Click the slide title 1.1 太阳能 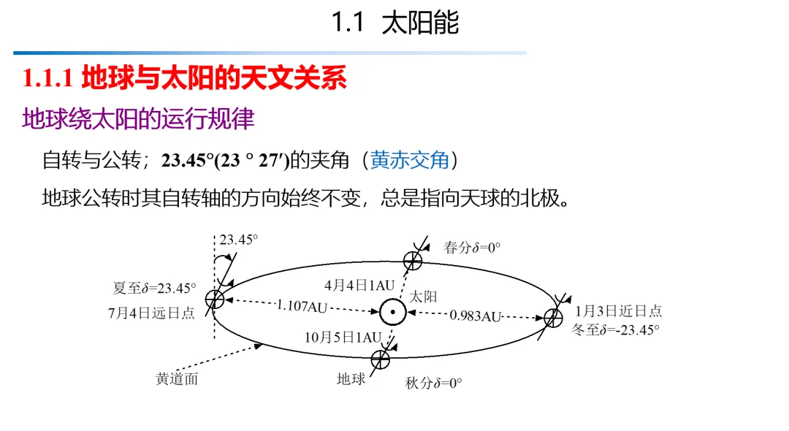(x=395, y=23)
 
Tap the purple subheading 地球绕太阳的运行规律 (x=138, y=118)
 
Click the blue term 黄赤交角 (x=410, y=160)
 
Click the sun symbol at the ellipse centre (x=392, y=312)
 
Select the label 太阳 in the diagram (x=423, y=296)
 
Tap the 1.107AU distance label (x=302, y=306)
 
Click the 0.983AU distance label (x=475, y=316)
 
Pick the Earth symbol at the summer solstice (x=214, y=298)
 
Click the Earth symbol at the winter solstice (x=553, y=317)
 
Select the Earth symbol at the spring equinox (x=413, y=259)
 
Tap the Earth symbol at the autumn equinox (x=380, y=359)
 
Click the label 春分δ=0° (x=472, y=248)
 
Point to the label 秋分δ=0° (x=433, y=384)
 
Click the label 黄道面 (x=177, y=379)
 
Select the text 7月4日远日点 (x=151, y=313)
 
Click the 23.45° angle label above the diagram (x=239, y=240)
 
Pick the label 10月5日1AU (x=343, y=337)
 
